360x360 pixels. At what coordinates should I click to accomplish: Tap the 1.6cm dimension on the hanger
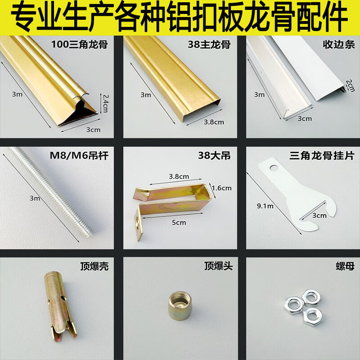click(221, 188)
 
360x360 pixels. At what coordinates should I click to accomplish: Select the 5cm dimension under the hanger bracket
click(179, 222)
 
